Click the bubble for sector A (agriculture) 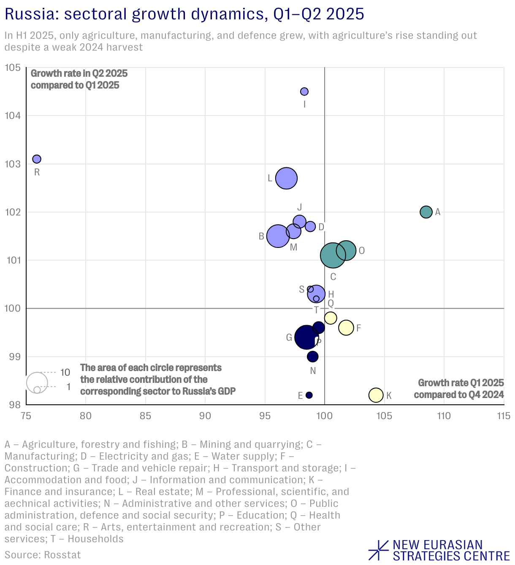[x=426, y=212]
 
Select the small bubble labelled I [x=304, y=91]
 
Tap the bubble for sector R [x=37, y=159]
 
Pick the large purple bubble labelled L [x=286, y=178]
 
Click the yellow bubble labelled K [x=376, y=395]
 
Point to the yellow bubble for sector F [x=346, y=328]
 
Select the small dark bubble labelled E [x=309, y=395]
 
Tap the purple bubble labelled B [x=278, y=236]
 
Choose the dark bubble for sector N [x=312, y=357]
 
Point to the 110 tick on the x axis [x=444, y=416]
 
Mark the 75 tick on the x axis [x=26, y=416]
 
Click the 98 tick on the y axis [x=14, y=405]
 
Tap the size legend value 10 [x=65, y=373]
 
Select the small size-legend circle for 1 [x=37, y=390]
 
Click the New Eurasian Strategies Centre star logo [x=379, y=550]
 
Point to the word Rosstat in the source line [x=62, y=554]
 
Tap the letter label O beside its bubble [x=361, y=251]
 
